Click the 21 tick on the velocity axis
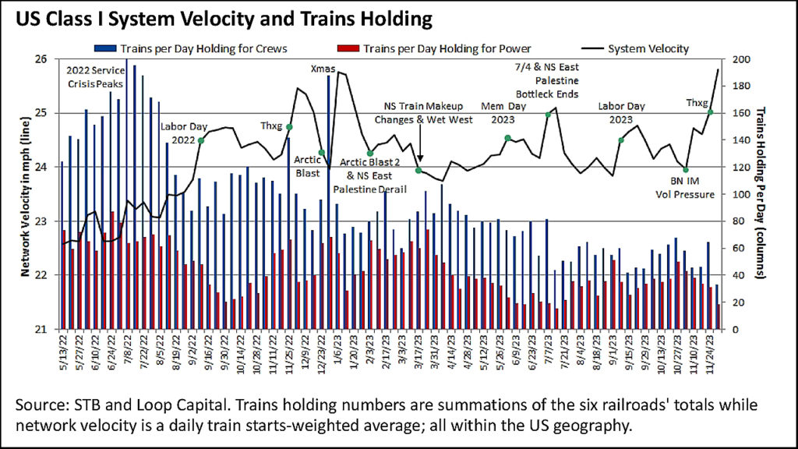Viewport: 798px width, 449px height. click(x=45, y=329)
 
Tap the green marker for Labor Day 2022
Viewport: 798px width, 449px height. click(x=201, y=140)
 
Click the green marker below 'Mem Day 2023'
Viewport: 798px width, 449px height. click(x=507, y=138)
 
